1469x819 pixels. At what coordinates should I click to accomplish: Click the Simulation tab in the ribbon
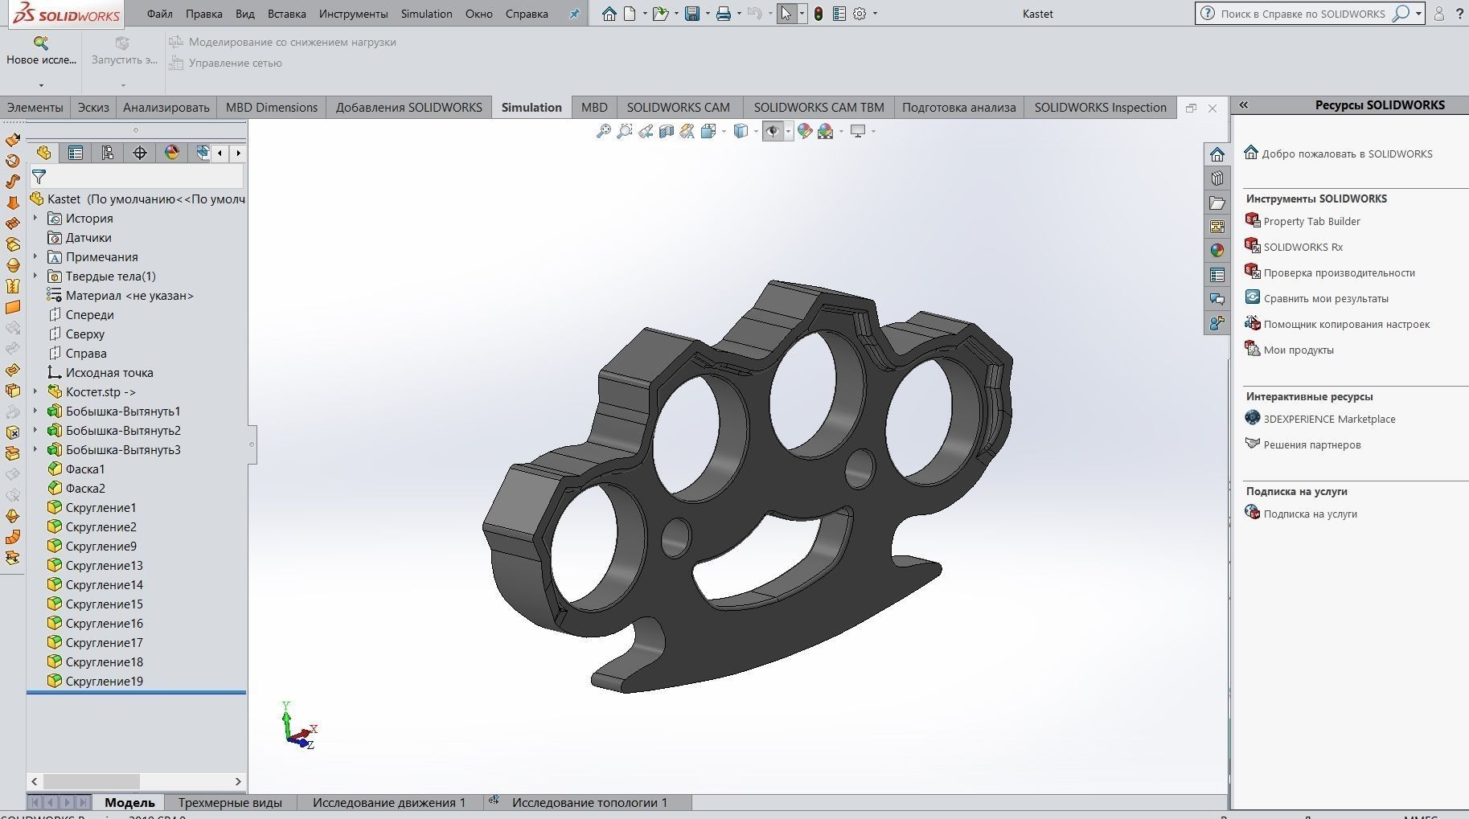pyautogui.click(x=531, y=108)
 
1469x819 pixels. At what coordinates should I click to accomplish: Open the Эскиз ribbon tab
pyautogui.click(x=93, y=108)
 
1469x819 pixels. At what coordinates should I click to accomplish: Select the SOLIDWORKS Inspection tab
pyautogui.click(x=1100, y=108)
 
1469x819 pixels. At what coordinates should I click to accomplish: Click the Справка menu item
pyautogui.click(x=527, y=14)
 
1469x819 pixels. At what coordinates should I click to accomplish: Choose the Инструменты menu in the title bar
pyautogui.click(x=353, y=14)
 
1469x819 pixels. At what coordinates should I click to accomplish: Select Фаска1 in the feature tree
pyautogui.click(x=85, y=469)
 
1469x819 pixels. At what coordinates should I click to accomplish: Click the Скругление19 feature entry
pyautogui.click(x=105, y=682)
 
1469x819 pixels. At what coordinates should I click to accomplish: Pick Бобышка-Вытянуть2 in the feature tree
pyautogui.click(x=123, y=431)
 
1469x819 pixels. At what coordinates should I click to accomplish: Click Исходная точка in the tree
pyautogui.click(x=109, y=373)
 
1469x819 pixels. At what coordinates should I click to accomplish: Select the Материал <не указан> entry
pyautogui.click(x=129, y=296)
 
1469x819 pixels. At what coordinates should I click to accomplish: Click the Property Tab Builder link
pyautogui.click(x=1311, y=222)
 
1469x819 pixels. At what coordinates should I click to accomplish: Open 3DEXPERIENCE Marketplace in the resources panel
pyautogui.click(x=1329, y=420)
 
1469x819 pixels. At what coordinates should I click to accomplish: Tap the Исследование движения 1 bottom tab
pyautogui.click(x=389, y=802)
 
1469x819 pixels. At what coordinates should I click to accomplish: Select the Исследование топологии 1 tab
pyautogui.click(x=589, y=802)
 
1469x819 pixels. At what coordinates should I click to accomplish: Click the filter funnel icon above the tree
pyautogui.click(x=39, y=177)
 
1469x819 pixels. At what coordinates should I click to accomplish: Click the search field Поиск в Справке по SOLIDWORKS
pyautogui.click(x=1303, y=14)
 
